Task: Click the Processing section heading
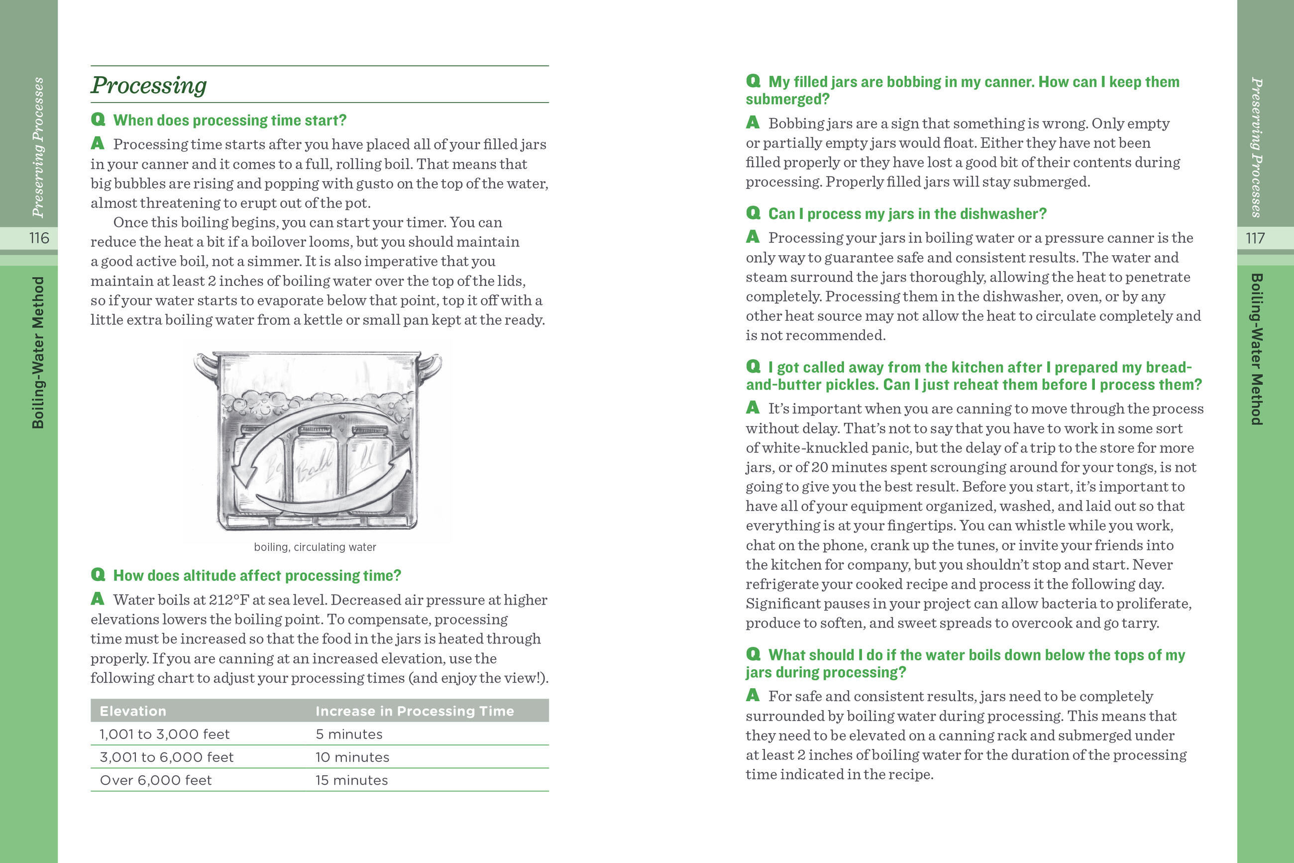148,85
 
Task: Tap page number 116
39,239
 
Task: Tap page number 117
1255,239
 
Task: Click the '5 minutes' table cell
349,734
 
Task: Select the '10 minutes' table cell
352,757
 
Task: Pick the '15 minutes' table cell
351,780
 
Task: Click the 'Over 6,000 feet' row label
156,780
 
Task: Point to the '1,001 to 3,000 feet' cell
164,734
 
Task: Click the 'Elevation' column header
132,711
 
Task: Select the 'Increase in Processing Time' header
415,711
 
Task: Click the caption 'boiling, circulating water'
315,547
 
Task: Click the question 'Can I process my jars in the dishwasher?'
907,214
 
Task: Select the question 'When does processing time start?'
229,120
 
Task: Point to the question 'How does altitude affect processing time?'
257,576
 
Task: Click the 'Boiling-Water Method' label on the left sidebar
38,352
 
